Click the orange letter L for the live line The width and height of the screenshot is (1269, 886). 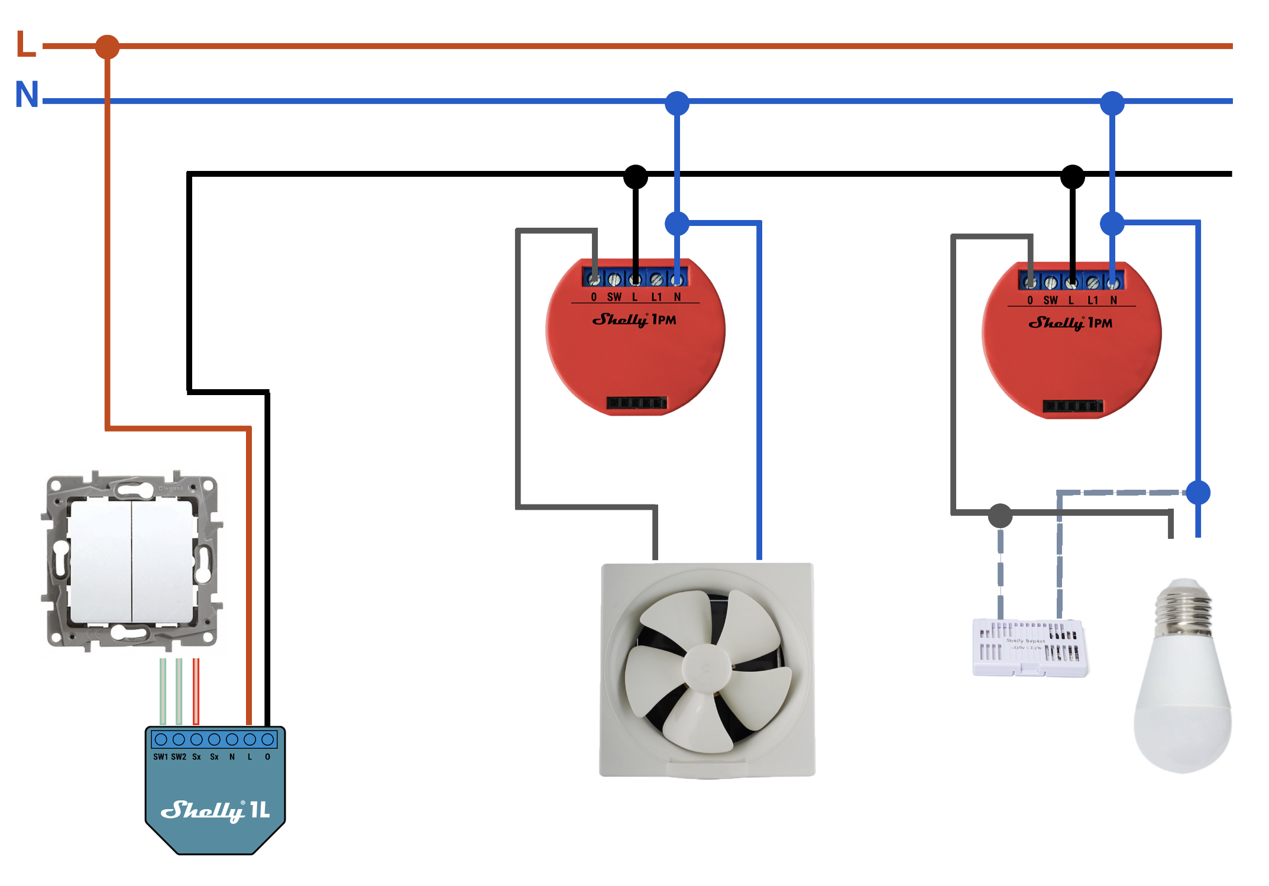point(25,44)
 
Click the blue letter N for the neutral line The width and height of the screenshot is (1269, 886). point(27,95)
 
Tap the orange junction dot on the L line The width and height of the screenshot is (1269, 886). point(107,47)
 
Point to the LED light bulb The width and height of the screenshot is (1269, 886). point(1183,680)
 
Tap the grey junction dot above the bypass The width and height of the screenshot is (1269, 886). point(1000,516)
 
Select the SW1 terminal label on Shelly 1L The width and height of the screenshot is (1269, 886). point(160,757)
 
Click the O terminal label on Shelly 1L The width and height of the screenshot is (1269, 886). point(267,757)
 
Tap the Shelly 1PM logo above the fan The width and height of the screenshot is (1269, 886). point(634,320)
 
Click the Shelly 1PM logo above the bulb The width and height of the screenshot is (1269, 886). point(1070,323)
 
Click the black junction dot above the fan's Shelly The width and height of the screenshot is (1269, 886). point(636,176)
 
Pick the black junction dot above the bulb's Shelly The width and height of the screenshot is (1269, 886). point(1072,176)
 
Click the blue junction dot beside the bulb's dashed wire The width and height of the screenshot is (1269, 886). point(1198,493)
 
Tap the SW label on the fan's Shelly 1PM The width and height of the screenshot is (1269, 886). point(614,297)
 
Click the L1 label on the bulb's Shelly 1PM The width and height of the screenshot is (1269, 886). point(1093,300)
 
